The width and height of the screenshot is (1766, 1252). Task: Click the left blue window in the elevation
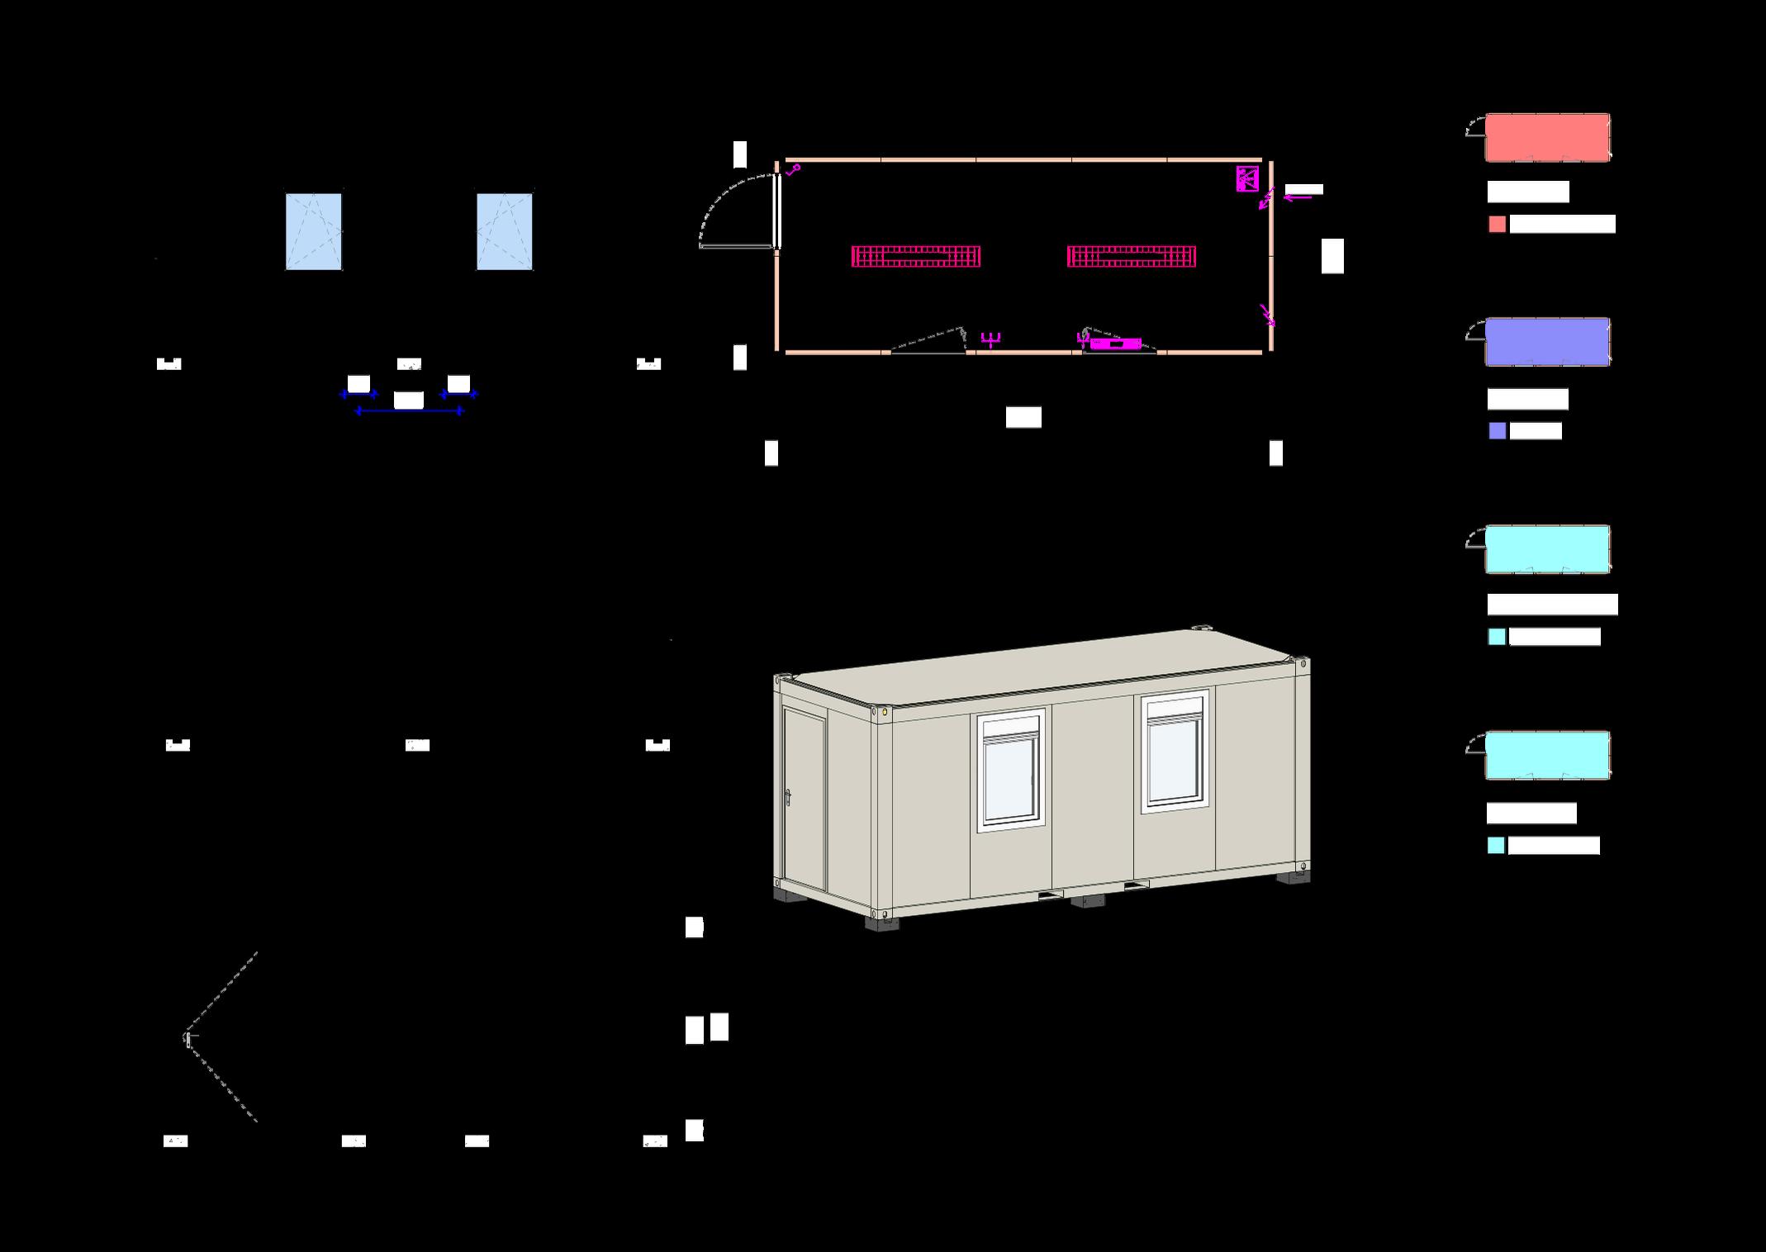[x=314, y=232]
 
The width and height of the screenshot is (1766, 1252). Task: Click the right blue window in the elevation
[x=505, y=232]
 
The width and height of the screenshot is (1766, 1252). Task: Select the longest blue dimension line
[x=409, y=410]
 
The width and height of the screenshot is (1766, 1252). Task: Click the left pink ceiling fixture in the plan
[x=916, y=256]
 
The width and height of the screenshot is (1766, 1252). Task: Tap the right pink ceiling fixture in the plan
[x=1132, y=256]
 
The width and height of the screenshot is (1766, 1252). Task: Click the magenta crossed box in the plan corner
[x=1246, y=178]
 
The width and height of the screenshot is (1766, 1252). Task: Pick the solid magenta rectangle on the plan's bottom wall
[x=1115, y=344]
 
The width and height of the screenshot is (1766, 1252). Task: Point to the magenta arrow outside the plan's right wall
[x=1298, y=197]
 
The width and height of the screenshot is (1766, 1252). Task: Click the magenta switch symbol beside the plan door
[x=793, y=170]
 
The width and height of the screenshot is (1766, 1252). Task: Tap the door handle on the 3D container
[x=789, y=798]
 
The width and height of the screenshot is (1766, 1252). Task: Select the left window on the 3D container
[x=1010, y=770]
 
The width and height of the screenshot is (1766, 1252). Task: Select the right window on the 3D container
[x=1174, y=752]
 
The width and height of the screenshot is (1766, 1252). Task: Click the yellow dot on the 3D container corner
[x=885, y=710]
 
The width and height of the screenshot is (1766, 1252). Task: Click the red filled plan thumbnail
[x=1547, y=137]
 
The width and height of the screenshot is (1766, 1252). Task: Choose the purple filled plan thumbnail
[x=1547, y=342]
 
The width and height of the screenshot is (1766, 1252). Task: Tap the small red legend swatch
[x=1497, y=225]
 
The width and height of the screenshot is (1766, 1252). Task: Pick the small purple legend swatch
[x=1497, y=431]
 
